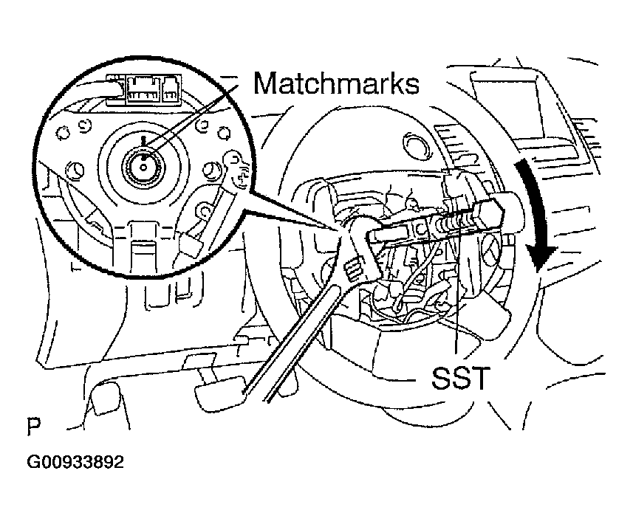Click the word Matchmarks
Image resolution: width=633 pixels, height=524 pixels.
tap(336, 83)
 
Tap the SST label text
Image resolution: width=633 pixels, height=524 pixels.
tap(460, 378)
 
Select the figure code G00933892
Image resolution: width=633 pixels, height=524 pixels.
tap(75, 462)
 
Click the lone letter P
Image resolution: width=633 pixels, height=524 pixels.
tap(33, 426)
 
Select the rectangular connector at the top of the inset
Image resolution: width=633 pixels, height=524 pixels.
tap(143, 89)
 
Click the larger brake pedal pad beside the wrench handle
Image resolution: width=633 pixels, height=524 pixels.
tap(221, 391)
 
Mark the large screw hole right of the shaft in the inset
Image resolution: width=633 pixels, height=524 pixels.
tap(211, 170)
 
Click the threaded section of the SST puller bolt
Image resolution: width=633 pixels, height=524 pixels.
tap(456, 221)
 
